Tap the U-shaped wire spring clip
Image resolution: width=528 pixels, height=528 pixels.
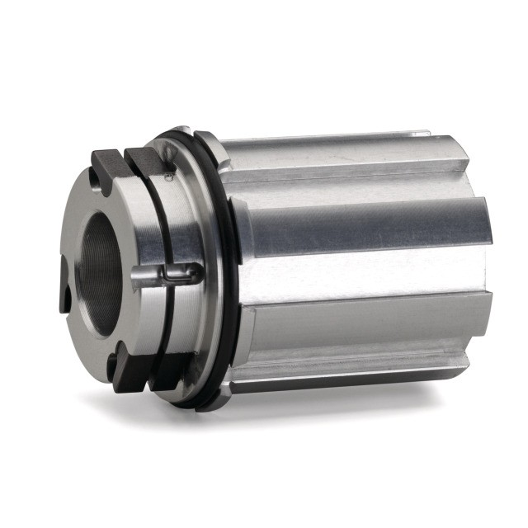click(178, 273)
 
